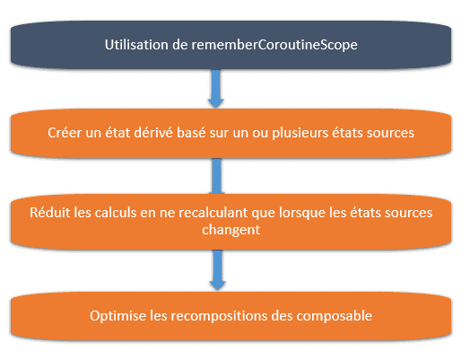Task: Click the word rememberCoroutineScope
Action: point(274,45)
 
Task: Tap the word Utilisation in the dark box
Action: point(136,45)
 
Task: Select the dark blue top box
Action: point(231,45)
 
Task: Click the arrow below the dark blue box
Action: point(216,89)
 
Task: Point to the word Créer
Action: point(65,133)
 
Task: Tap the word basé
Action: point(191,133)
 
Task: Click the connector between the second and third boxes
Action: point(217,176)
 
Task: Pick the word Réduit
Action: point(49,213)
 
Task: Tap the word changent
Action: point(231,230)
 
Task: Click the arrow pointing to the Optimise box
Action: point(217,270)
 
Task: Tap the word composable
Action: point(335,316)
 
